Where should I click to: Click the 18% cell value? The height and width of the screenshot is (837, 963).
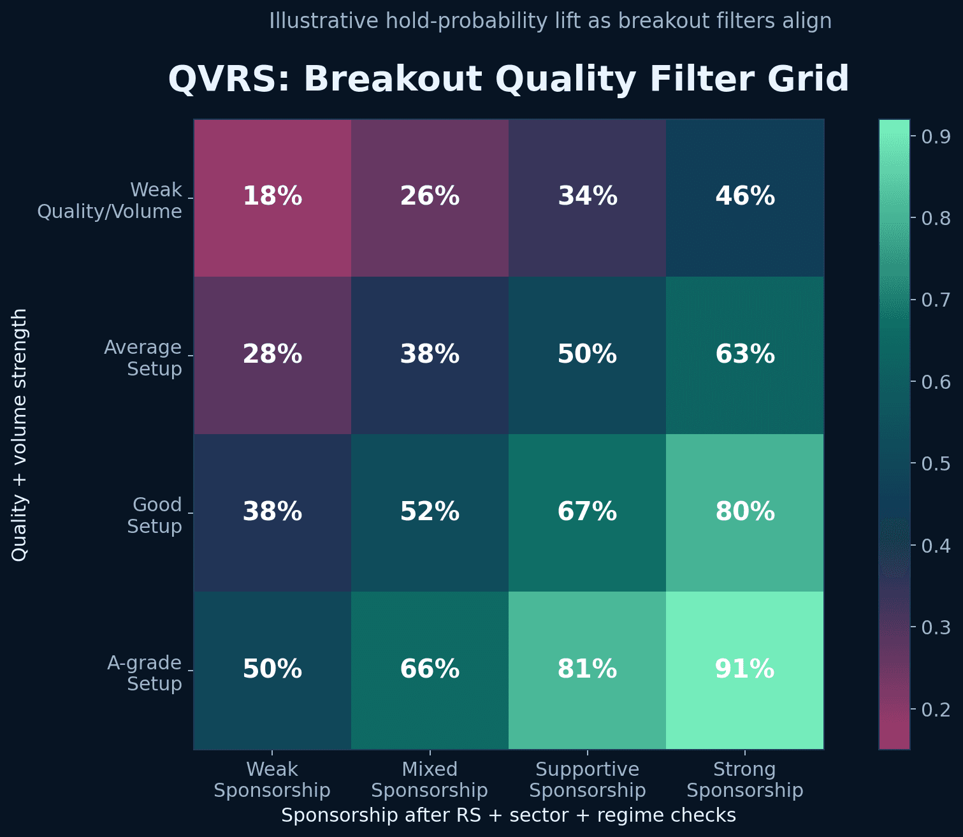click(x=272, y=196)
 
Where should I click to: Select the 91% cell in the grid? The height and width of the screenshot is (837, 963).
click(x=744, y=669)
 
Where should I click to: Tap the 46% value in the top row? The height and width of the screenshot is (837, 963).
click(x=744, y=196)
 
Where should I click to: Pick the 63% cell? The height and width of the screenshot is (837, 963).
click(x=744, y=354)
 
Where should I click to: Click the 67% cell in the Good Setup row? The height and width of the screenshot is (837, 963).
click(x=587, y=512)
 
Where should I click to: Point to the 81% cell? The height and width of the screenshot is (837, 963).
click(x=587, y=669)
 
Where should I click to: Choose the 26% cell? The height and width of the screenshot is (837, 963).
click(x=430, y=196)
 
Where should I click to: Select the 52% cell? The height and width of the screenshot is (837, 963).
click(x=430, y=512)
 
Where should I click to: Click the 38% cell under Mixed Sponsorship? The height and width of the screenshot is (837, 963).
click(x=430, y=354)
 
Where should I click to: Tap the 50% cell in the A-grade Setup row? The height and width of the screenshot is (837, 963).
click(x=272, y=669)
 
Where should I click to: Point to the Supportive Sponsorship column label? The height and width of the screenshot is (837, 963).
click(x=587, y=780)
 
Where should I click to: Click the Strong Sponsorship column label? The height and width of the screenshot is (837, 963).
click(x=744, y=780)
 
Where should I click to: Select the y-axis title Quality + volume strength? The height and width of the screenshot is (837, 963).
click(x=20, y=435)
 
